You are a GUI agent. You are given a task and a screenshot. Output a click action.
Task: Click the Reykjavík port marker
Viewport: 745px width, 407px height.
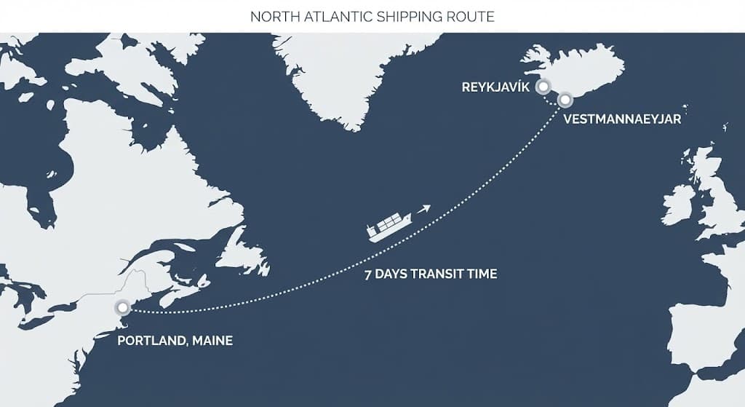543,87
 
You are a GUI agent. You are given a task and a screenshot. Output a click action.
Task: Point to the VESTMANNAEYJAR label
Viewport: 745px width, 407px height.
622,119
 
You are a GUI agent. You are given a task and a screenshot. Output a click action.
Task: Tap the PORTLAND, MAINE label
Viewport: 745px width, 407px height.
175,340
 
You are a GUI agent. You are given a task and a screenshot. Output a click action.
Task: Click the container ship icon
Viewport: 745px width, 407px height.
389,226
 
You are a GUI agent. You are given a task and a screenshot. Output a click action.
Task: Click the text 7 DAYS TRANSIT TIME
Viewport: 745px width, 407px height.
431,274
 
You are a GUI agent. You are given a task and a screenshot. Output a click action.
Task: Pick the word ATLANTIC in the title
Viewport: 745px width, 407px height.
330,16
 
